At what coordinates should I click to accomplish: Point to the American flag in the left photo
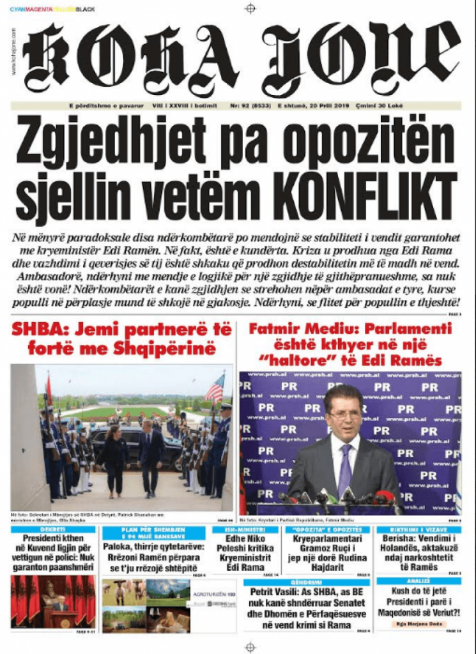point(215,388)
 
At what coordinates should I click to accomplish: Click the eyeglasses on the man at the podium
point(345,413)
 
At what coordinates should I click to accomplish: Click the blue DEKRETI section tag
point(52,529)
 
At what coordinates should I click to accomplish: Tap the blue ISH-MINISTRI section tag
point(246,529)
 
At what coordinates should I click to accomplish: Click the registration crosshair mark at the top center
point(250,8)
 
